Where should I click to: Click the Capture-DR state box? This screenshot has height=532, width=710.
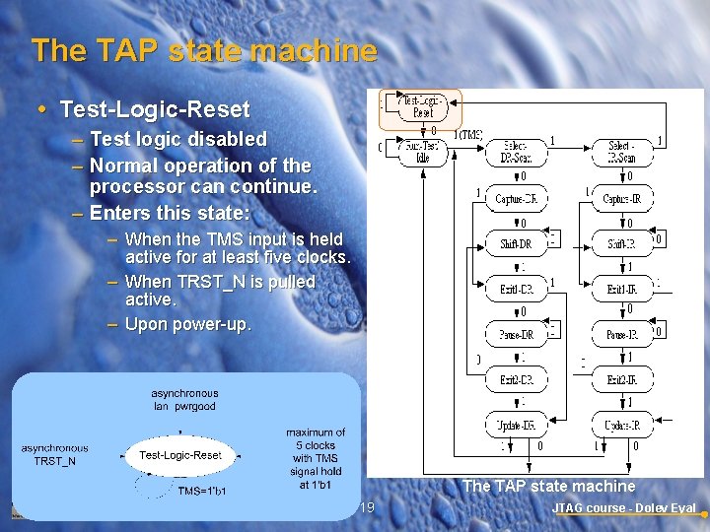click(516, 198)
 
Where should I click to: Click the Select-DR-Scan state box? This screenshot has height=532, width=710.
click(516, 152)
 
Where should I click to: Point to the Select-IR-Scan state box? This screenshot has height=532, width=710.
click(621, 152)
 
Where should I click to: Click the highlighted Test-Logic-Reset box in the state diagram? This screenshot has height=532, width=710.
click(422, 106)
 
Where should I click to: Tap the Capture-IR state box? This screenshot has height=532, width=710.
click(621, 198)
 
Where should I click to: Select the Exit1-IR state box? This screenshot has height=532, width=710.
click(621, 289)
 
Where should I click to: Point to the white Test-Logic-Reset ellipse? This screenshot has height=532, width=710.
click(179, 455)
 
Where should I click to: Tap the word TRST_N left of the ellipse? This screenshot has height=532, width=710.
click(54, 461)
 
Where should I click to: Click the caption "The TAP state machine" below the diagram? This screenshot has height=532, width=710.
click(548, 486)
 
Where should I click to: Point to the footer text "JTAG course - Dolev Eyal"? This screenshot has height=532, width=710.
click(623, 508)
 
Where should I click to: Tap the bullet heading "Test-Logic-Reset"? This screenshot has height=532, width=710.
click(154, 108)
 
